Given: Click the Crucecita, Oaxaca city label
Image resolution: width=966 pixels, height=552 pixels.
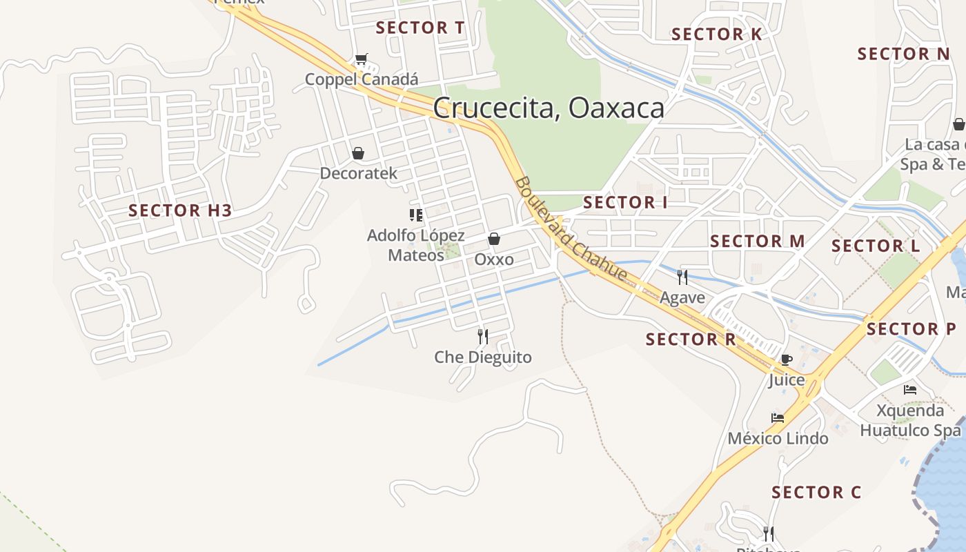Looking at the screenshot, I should click(549, 108).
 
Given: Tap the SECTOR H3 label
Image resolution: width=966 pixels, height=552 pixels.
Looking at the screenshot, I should click(180, 210).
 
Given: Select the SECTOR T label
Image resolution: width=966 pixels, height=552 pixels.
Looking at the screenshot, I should click(420, 28).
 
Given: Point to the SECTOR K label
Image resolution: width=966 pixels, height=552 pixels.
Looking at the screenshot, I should click(716, 34).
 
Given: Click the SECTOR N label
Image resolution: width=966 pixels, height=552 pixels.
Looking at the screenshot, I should click(903, 54).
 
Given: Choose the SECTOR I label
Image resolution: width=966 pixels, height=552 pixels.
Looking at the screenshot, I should click(625, 202).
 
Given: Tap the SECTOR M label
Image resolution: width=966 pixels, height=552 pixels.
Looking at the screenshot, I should click(757, 241).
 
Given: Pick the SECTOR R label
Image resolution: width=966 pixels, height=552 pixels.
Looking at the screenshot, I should click(691, 339).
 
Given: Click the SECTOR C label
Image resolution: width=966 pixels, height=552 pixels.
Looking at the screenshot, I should click(816, 492).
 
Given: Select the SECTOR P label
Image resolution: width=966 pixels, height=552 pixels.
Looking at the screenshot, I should click(911, 329).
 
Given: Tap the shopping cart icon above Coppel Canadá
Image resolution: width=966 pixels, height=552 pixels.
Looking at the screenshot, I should click(361, 59).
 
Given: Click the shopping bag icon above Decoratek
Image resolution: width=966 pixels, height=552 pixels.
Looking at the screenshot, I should click(358, 153).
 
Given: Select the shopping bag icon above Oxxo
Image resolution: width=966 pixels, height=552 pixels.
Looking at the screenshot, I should click(494, 239).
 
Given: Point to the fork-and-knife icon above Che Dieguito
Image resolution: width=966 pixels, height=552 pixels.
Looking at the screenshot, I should click(483, 337).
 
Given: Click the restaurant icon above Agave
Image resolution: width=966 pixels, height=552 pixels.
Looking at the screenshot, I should click(682, 277).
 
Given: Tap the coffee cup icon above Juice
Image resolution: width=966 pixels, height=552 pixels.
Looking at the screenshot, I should click(786, 359).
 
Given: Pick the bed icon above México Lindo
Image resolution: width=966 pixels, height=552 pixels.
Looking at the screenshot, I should click(778, 418).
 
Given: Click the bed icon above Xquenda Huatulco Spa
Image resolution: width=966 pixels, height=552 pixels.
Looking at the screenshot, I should click(910, 390).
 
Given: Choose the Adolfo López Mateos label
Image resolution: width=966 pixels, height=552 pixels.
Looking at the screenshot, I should click(415, 245).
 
